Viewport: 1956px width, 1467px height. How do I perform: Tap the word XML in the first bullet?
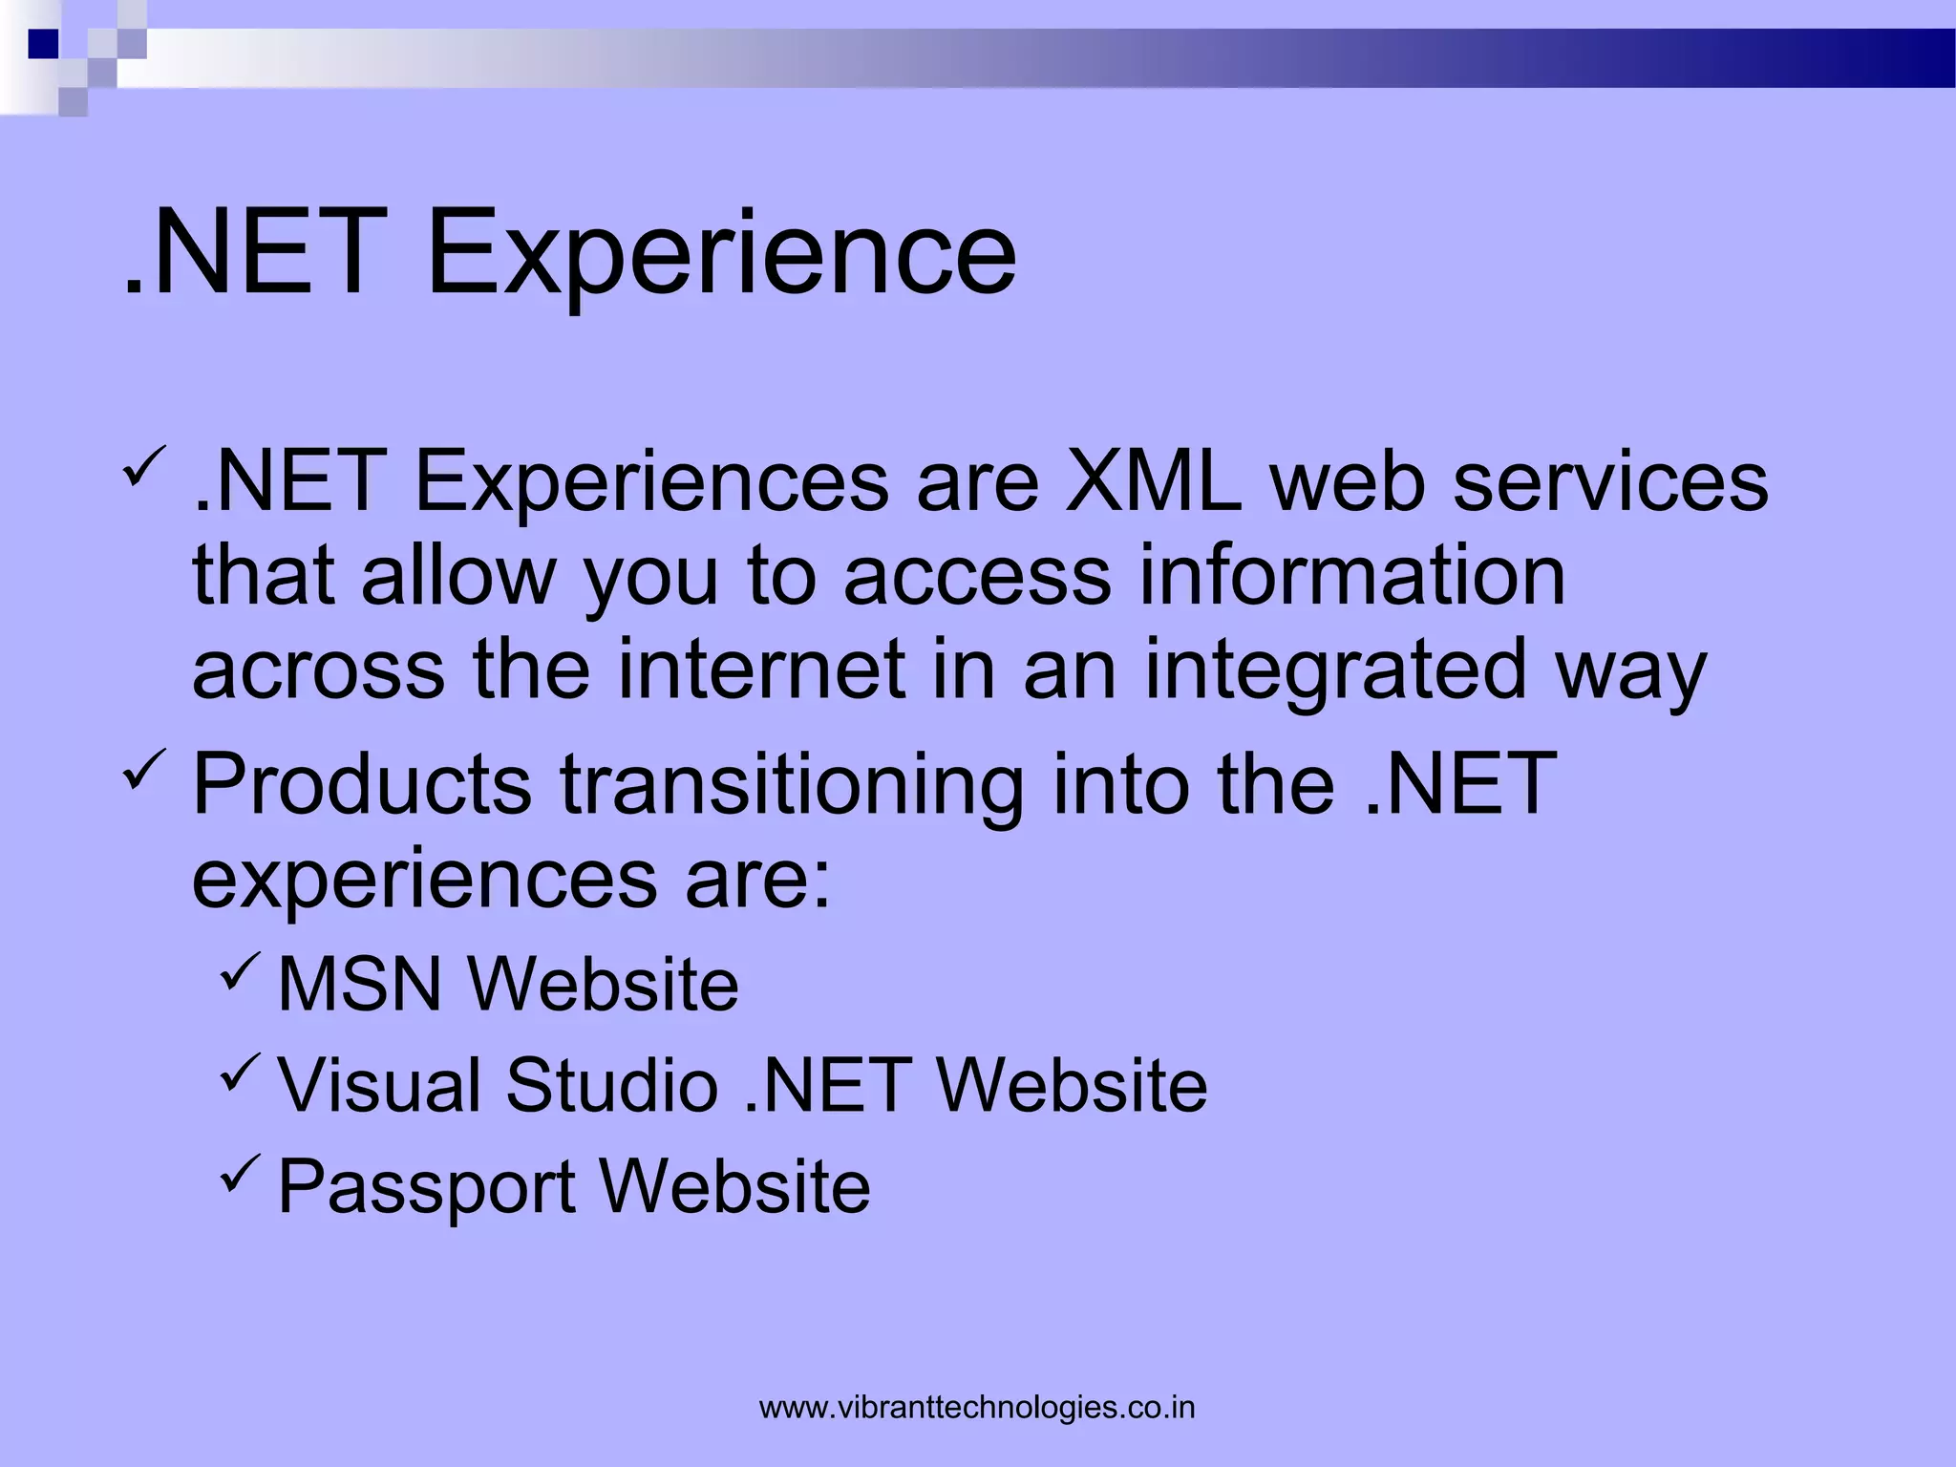(1154, 481)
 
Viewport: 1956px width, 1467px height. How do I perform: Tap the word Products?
(362, 783)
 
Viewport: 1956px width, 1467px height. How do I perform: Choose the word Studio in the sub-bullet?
(611, 1085)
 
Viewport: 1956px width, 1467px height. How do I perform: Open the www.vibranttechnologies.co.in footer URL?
(977, 1408)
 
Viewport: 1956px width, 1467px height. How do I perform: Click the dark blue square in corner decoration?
(43, 44)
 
